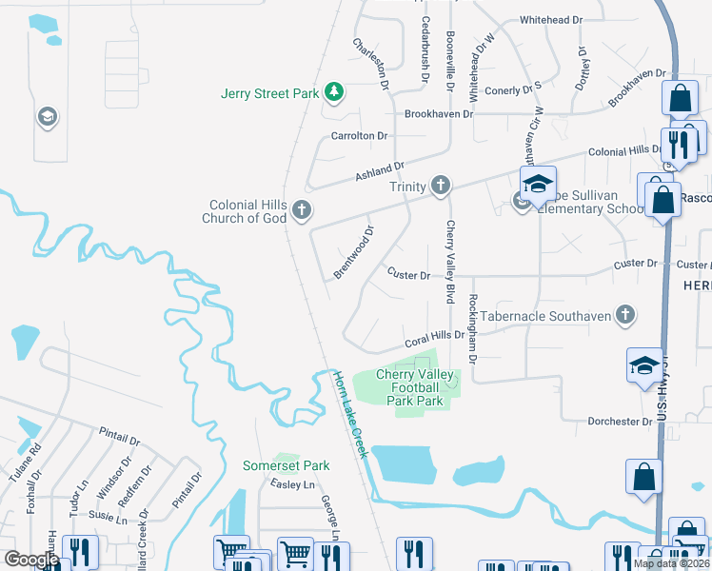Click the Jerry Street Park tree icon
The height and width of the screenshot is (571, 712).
tap(334, 92)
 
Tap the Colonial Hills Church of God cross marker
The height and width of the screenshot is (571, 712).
tap(302, 211)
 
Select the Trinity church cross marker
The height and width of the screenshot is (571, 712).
tap(440, 187)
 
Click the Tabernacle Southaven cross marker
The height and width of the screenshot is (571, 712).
tap(624, 314)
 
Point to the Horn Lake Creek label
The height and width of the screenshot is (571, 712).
tap(348, 414)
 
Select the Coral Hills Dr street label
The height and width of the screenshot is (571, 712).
tap(434, 337)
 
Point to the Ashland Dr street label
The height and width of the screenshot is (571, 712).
tap(380, 170)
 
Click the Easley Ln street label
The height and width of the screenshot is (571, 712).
tap(291, 484)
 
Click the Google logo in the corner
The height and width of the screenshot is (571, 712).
tap(30, 560)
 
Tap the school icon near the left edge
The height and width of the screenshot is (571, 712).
tap(45, 117)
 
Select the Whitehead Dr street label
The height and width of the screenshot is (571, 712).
tap(550, 20)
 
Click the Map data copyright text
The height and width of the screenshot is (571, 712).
tap(670, 563)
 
